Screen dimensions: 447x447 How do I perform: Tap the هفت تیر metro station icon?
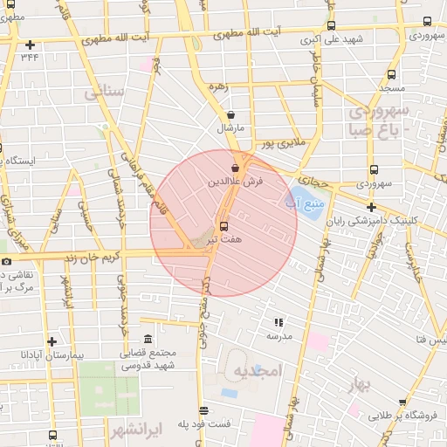click(x=224, y=223)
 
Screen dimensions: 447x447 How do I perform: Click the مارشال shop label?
click(x=230, y=127)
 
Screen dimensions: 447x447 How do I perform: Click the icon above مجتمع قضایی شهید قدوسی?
click(x=147, y=339)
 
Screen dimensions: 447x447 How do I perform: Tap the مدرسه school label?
click(x=279, y=335)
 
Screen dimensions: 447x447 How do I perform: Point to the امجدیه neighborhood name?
click(x=259, y=370)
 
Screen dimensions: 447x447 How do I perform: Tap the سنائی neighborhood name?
click(x=106, y=90)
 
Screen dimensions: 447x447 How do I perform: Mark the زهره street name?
click(x=217, y=86)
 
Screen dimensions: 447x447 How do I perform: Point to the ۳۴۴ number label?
click(x=31, y=58)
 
